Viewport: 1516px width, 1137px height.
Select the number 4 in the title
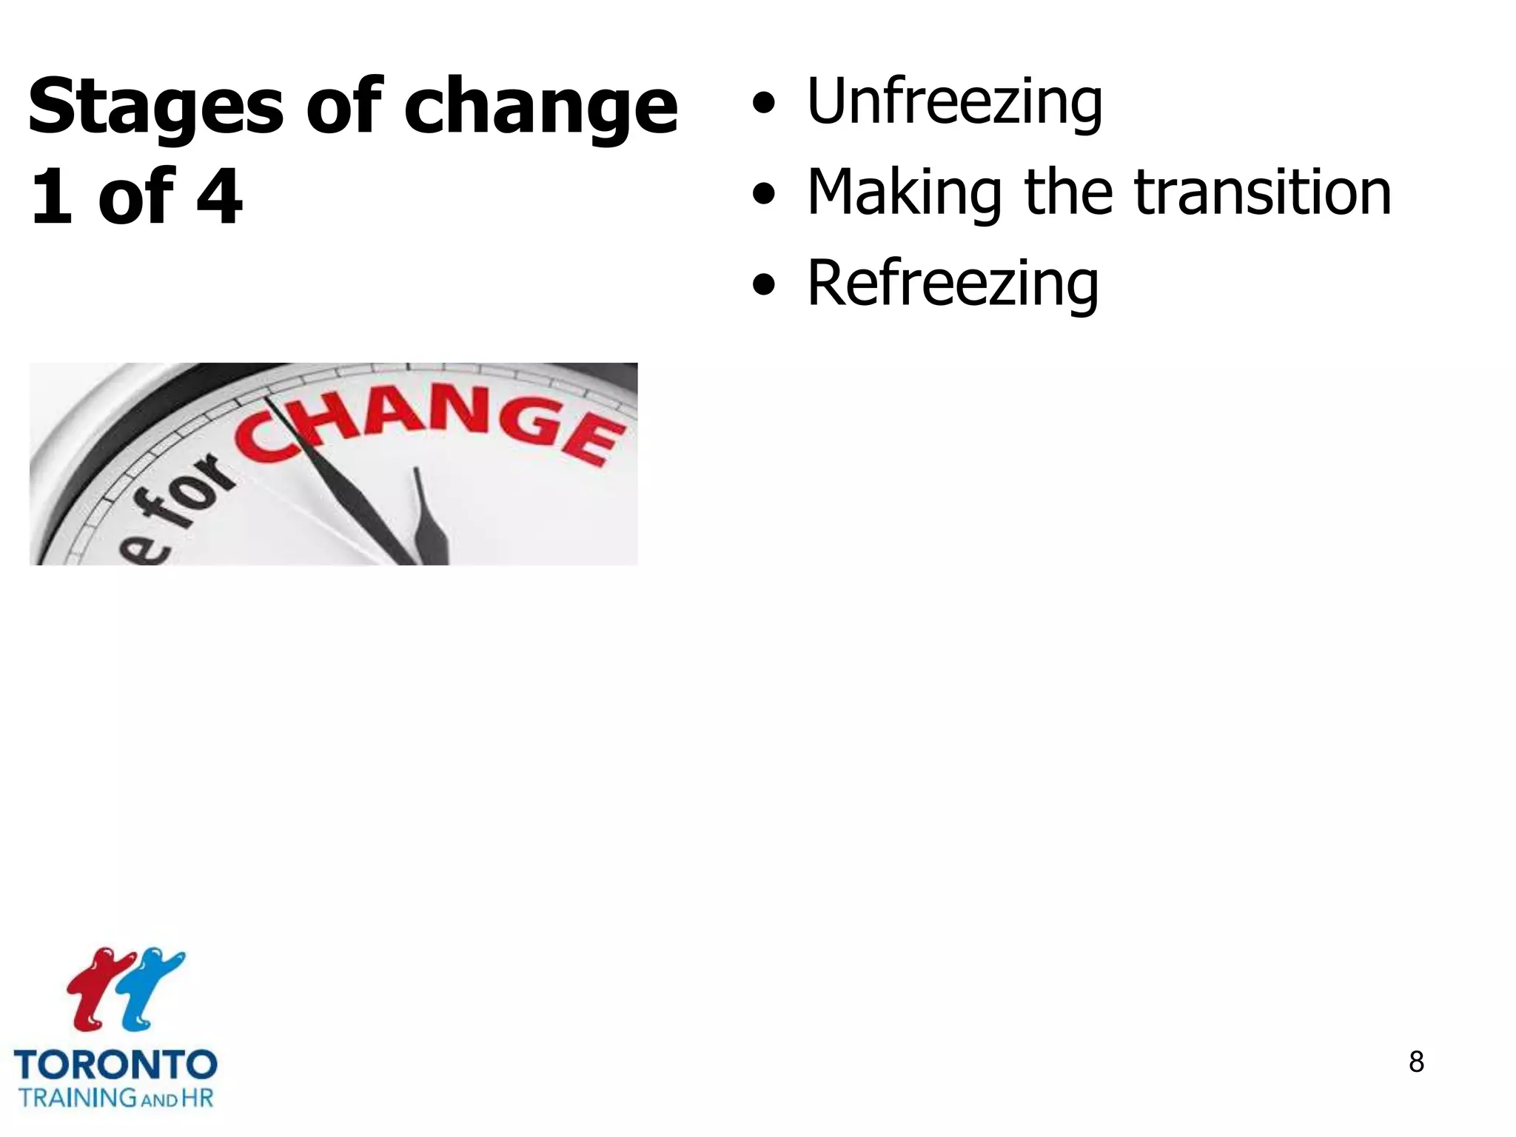pyautogui.click(x=219, y=196)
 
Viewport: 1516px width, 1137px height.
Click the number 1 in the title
pyautogui.click(x=52, y=196)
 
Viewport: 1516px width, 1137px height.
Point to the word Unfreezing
pyautogui.click(x=954, y=101)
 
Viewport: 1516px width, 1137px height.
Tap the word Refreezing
pyautogui.click(x=952, y=284)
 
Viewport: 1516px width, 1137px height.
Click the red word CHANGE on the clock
pyautogui.click(x=429, y=429)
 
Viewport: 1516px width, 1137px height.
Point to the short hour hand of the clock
pyautogui.click(x=429, y=518)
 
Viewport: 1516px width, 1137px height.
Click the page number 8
pyautogui.click(x=1416, y=1062)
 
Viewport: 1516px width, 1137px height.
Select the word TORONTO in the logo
pyautogui.click(x=115, y=1066)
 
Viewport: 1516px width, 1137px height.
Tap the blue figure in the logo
pyautogui.click(x=152, y=985)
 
